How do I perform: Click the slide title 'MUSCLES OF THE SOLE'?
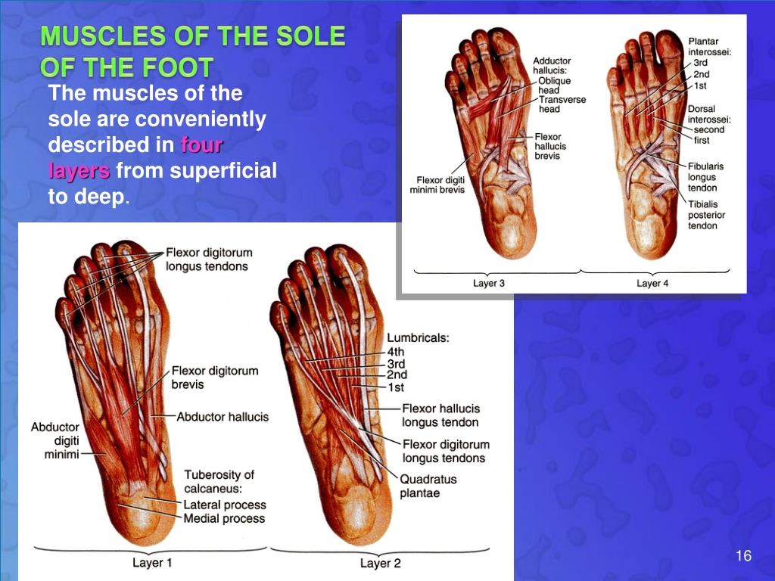[x=193, y=36]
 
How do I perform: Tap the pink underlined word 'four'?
[x=201, y=144]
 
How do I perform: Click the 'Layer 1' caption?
[x=152, y=562]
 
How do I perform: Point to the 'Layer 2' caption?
[x=380, y=563]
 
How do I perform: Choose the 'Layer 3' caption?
[x=489, y=283]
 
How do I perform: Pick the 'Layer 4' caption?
[x=653, y=283]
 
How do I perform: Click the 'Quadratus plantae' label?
[x=428, y=486]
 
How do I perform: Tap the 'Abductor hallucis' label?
[x=223, y=417]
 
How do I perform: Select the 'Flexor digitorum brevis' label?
[x=215, y=377]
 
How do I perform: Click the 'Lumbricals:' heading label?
[x=418, y=338]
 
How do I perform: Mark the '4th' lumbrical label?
[x=396, y=352]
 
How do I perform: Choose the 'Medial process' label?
[x=224, y=518]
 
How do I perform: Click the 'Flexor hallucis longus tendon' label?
[x=440, y=415]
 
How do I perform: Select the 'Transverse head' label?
[x=562, y=104]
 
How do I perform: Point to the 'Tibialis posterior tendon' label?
[x=706, y=215]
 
